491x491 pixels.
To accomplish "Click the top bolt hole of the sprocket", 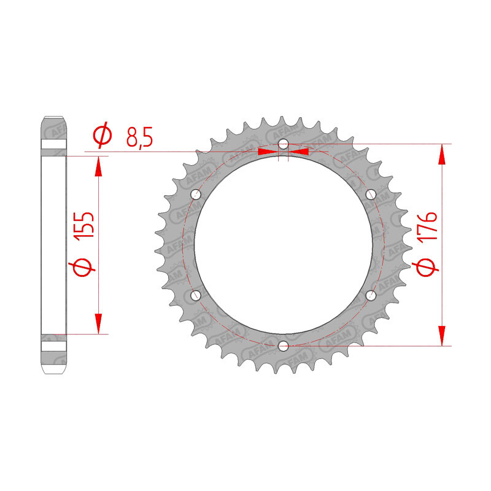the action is point(283,144).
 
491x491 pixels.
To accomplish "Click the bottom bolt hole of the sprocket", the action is point(283,346).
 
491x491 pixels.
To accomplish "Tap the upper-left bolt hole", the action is point(196,195).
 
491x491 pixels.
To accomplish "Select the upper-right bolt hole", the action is point(371,195).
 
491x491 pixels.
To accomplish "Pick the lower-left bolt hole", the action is point(196,295).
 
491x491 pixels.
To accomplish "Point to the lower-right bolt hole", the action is point(371,295).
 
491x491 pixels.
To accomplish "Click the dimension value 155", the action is point(83,225).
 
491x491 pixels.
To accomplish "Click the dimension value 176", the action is point(427,226).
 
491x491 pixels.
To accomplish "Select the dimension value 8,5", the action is point(139,137).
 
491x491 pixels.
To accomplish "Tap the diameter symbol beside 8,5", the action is point(102,134).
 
